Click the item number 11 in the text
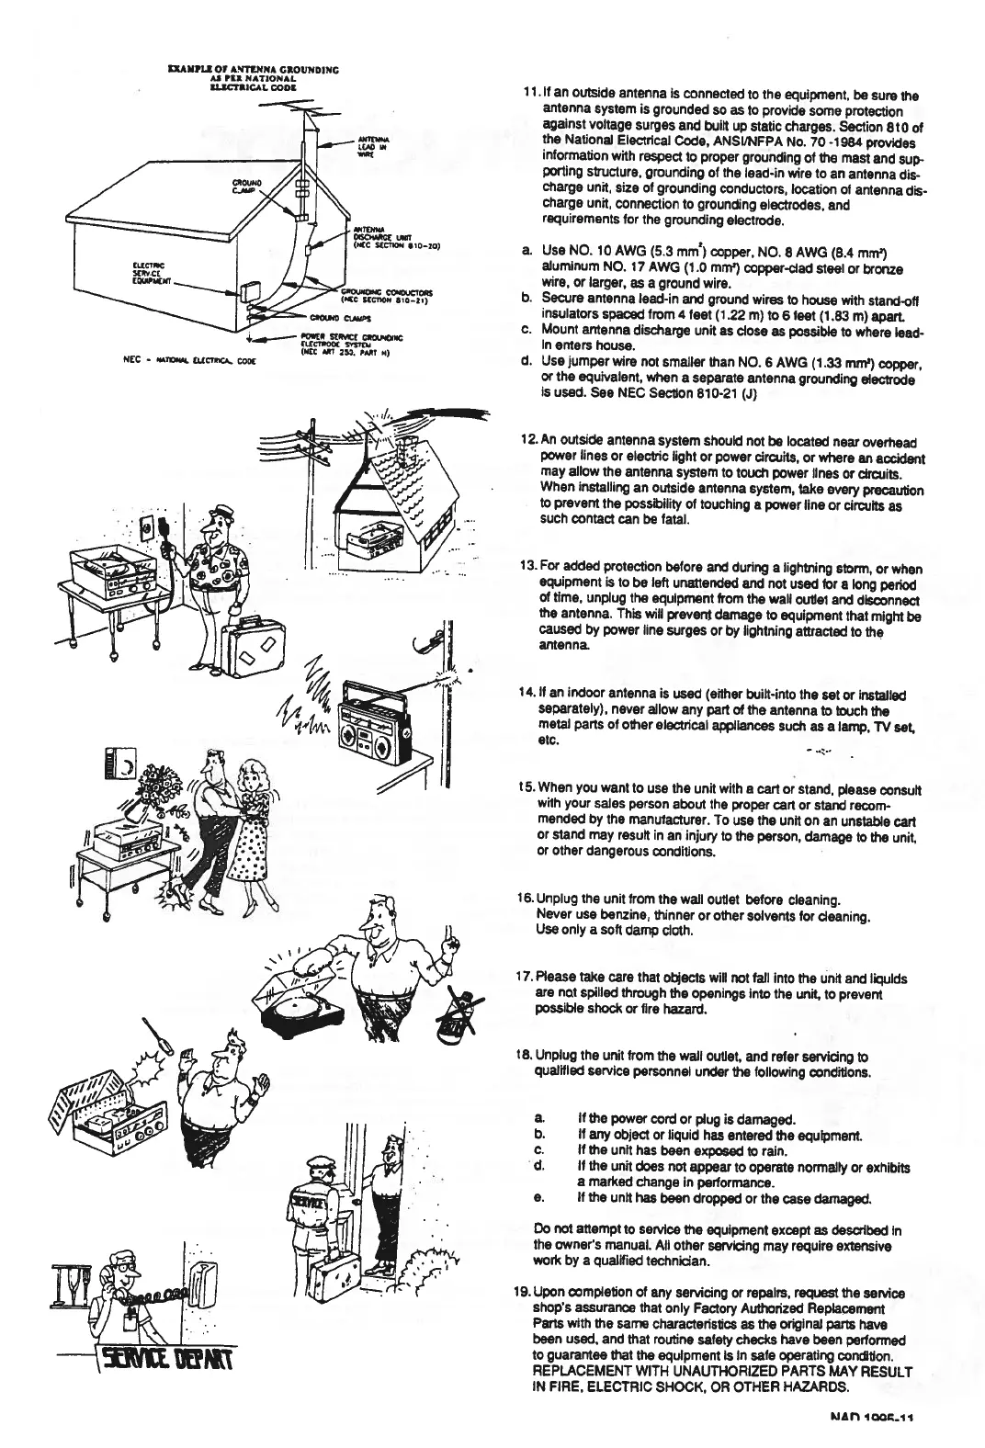529,96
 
